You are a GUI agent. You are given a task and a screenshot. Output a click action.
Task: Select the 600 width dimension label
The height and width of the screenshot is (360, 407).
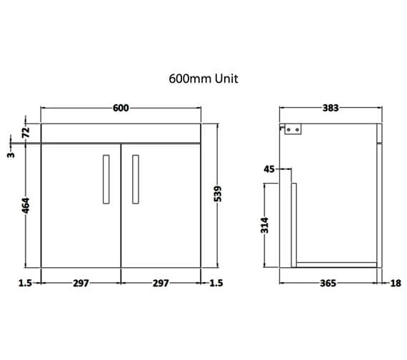click(121, 108)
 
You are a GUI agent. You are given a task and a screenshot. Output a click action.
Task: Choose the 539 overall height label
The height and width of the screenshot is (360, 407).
click(218, 194)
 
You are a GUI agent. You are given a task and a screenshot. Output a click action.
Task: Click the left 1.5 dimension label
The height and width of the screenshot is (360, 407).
click(24, 284)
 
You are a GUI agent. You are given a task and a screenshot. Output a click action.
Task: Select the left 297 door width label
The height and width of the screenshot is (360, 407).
click(80, 284)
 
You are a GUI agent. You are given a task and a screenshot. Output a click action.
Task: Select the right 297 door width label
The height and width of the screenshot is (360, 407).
click(161, 284)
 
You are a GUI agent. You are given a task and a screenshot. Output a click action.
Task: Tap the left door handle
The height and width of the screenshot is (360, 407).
click(106, 178)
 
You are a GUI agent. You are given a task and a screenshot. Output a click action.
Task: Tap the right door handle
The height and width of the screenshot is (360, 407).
click(135, 178)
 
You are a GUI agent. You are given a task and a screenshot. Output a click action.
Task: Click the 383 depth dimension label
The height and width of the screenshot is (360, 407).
click(330, 108)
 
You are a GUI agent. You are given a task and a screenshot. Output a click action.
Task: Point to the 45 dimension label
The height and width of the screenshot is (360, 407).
click(269, 169)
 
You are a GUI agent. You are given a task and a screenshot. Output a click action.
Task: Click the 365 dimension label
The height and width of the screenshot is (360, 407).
click(327, 284)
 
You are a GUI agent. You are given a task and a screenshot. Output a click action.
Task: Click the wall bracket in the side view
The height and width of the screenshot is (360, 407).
click(293, 129)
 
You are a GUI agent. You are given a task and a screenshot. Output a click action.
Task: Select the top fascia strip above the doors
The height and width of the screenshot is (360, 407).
click(121, 133)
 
